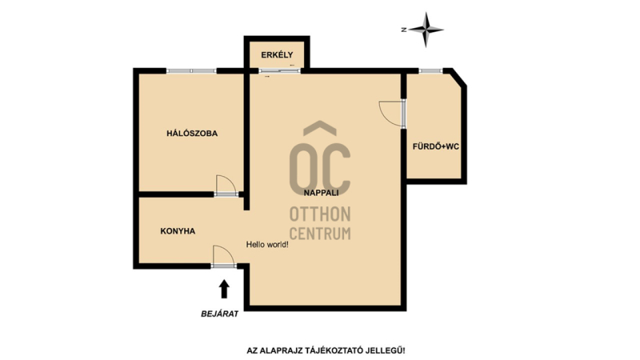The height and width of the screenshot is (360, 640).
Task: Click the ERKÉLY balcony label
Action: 277,54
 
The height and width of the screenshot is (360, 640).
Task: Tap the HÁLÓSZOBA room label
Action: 192,133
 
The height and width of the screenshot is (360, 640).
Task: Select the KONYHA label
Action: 178,231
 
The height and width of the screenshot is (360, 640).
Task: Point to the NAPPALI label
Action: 322,193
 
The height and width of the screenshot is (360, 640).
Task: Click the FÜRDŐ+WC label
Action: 435,146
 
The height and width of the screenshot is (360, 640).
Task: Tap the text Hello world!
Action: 267,245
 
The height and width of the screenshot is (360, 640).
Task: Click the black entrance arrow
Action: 224,289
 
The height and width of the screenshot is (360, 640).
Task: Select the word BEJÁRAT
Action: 219,314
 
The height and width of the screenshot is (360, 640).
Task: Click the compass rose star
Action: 426,30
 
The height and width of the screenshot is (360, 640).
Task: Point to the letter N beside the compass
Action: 404,30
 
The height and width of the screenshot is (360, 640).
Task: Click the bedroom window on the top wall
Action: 191,70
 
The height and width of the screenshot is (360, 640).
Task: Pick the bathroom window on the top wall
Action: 430,70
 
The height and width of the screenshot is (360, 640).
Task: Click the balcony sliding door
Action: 279,70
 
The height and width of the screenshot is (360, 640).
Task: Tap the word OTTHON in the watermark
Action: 320,214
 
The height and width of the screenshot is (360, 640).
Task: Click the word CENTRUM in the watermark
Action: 320,233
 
